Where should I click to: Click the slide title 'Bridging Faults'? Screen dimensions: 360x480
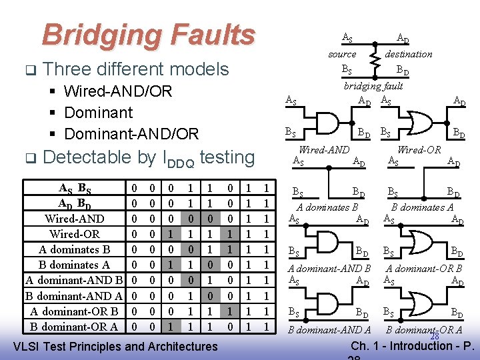click(148, 35)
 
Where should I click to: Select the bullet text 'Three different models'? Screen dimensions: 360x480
click(135, 69)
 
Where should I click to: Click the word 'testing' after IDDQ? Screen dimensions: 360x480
click(227, 157)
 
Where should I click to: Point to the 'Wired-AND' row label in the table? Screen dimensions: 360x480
click(74, 219)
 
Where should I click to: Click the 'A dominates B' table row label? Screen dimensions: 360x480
click(74, 249)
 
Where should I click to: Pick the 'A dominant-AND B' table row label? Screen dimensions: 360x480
click(72, 280)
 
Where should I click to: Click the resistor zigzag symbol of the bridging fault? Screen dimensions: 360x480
click(375, 61)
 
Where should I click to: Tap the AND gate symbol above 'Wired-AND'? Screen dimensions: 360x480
click(325, 125)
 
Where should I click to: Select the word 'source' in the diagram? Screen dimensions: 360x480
click(342, 54)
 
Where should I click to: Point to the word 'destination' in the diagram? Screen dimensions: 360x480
click(408, 54)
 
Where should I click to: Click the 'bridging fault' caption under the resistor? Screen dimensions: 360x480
click(373, 86)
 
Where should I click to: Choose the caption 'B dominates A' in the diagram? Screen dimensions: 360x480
click(423, 207)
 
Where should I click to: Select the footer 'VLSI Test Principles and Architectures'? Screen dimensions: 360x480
click(115, 346)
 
